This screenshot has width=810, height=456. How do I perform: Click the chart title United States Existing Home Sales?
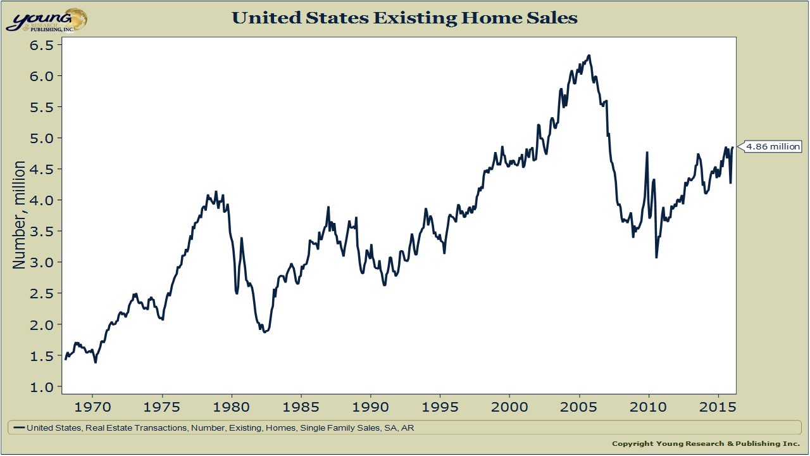tap(404, 18)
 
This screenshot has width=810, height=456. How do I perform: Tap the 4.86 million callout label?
tap(773, 146)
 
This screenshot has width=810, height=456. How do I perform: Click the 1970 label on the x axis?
tap(92, 407)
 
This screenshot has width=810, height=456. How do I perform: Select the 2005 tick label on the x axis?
tap(579, 407)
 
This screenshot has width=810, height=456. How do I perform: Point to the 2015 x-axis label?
tap(718, 407)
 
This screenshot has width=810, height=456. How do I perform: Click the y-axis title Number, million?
tap(20, 215)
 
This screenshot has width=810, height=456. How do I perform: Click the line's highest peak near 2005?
tap(589, 56)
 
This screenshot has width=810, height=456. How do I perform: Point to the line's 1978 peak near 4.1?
tap(216, 191)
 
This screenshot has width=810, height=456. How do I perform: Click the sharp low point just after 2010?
tap(656, 257)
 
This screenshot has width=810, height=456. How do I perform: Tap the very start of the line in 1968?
tap(65, 358)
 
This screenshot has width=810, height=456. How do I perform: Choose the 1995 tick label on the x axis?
tap(440, 407)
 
